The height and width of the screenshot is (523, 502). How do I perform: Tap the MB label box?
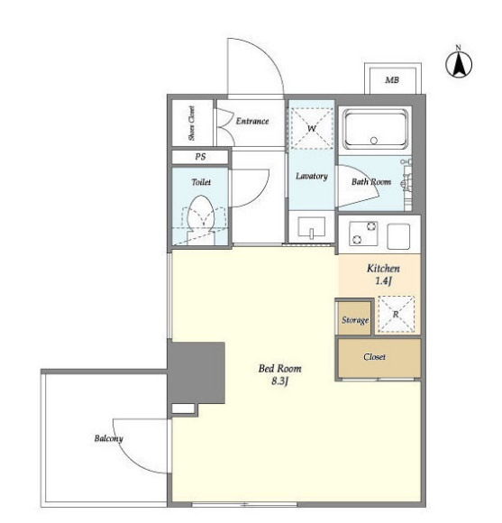(x=393, y=78)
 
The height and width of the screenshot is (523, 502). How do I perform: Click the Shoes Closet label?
(x=191, y=123)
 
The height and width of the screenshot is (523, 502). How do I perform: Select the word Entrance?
(x=252, y=121)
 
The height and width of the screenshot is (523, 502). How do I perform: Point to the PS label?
(x=200, y=156)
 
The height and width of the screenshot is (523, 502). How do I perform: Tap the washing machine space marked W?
(x=312, y=128)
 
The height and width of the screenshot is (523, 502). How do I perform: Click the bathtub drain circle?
(x=374, y=141)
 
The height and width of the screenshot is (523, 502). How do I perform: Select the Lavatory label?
(x=312, y=176)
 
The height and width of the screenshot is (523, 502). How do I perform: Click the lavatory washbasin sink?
(x=312, y=227)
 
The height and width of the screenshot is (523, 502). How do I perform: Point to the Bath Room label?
(x=371, y=182)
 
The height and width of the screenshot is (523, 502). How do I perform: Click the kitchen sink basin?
(x=398, y=236)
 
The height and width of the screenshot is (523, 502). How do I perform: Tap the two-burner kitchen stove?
(x=363, y=233)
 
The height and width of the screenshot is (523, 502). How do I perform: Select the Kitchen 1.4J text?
(x=383, y=274)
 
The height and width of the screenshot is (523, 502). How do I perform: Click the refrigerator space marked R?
(x=397, y=314)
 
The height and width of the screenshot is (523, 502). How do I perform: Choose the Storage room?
(x=354, y=318)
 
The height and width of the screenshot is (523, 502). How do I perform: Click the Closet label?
(x=375, y=357)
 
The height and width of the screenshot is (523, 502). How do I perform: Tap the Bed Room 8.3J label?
(x=279, y=374)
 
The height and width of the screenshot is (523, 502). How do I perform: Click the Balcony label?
(x=109, y=438)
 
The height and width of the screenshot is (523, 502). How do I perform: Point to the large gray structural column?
(x=196, y=373)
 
